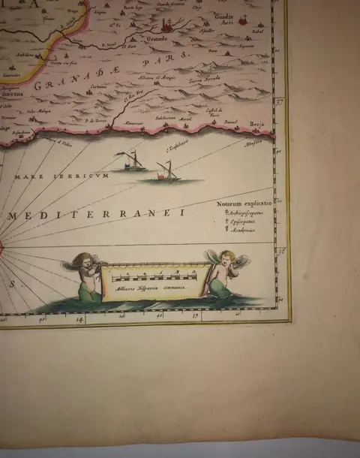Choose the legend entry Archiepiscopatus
click(x=245, y=212)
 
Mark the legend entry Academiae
click(x=241, y=231)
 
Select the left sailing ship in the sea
click(x=129, y=161)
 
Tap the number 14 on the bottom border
click(x=80, y=320)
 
